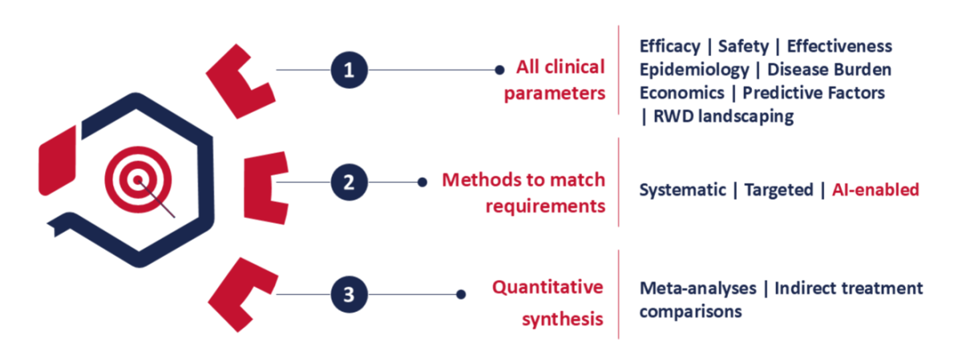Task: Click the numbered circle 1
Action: tap(350, 70)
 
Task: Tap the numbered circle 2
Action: tap(350, 182)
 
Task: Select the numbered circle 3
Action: tap(350, 294)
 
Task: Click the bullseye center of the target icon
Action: tap(138, 180)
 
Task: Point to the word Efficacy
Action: tap(670, 47)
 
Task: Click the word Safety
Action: tap(743, 47)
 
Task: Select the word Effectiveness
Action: tap(839, 46)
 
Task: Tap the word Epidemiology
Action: tap(694, 70)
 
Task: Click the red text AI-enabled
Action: tap(875, 189)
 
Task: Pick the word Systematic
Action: tap(682, 190)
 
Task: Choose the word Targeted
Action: tap(778, 190)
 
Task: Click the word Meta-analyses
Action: tap(698, 289)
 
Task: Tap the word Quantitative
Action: tap(548, 287)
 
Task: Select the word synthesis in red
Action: tap(563, 319)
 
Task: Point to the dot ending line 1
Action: tap(499, 70)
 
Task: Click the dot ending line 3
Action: tap(461, 294)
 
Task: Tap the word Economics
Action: tap(682, 93)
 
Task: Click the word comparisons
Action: tap(690, 312)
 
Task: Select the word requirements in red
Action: tap(545, 206)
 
